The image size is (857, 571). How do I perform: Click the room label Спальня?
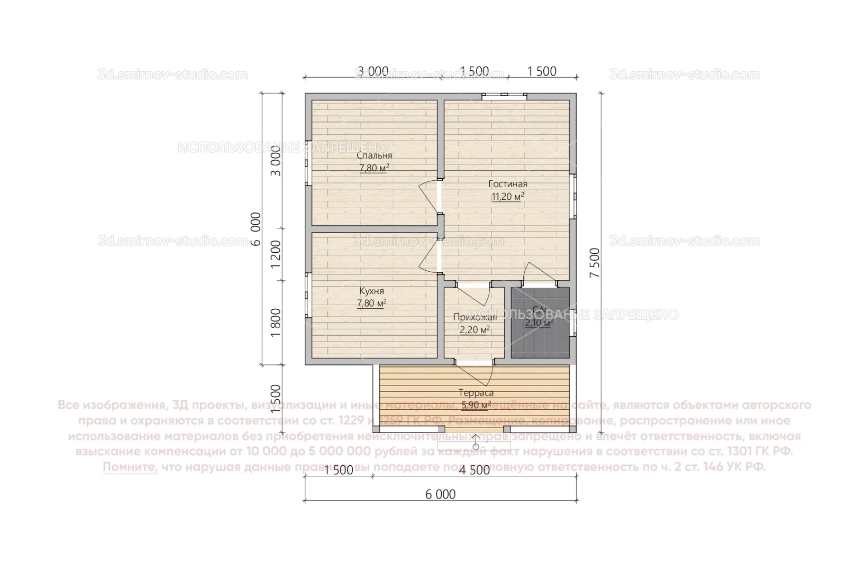click(x=374, y=155)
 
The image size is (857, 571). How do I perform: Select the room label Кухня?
click(x=371, y=291)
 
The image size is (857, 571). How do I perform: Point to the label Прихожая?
click(x=475, y=317)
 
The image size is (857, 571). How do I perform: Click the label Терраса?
click(x=476, y=393)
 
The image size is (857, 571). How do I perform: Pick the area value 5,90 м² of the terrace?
click(x=476, y=406)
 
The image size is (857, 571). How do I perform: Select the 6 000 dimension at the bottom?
click(x=440, y=494)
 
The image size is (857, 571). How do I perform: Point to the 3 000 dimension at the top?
click(x=373, y=71)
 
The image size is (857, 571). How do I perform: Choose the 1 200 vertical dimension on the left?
click(x=276, y=254)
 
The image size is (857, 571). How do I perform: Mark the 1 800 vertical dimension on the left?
click(x=276, y=323)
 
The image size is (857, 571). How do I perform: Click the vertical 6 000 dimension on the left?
click(x=256, y=228)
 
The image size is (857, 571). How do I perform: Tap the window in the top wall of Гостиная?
click(x=504, y=96)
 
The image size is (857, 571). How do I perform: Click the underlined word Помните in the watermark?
click(x=130, y=467)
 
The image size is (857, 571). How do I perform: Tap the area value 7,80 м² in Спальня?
click(x=374, y=168)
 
